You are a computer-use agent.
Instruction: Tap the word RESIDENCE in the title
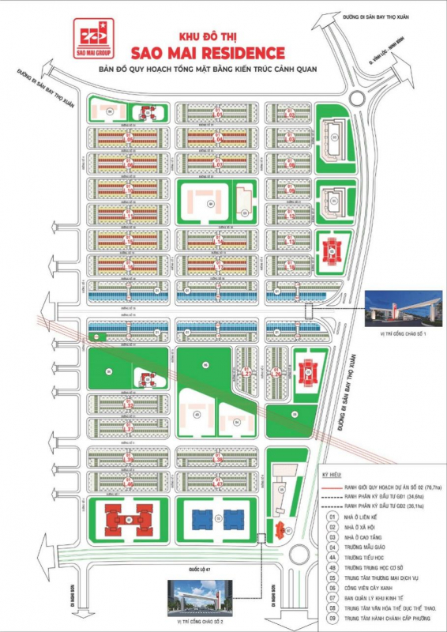(x=245, y=54)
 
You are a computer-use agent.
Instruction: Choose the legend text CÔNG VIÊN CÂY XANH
(x=372, y=588)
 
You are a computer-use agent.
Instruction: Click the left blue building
(x=204, y=519)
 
